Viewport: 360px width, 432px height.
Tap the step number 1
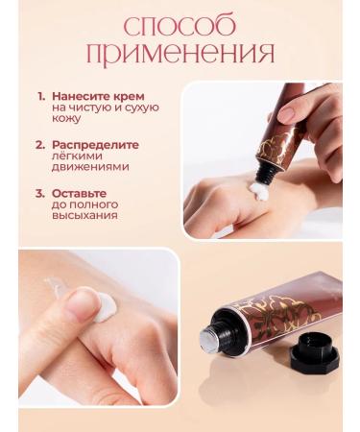[x=41, y=97]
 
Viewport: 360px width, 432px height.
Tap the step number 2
[x=41, y=145]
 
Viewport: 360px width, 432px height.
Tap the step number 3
[x=41, y=192]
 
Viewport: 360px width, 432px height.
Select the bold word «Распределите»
[x=95, y=145]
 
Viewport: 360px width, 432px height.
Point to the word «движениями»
[x=91, y=169]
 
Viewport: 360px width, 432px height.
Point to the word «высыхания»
[x=86, y=216]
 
